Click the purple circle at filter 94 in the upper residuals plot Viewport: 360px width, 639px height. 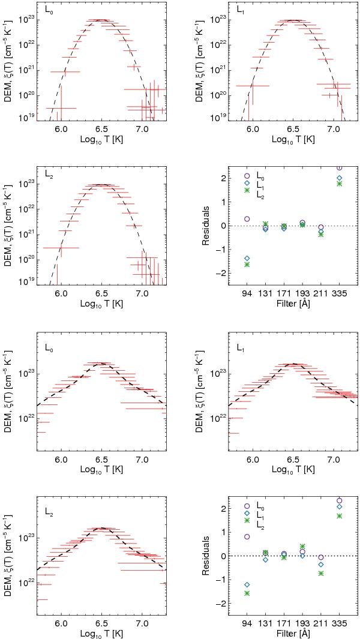coord(247,219)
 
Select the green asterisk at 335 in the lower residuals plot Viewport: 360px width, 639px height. coord(340,515)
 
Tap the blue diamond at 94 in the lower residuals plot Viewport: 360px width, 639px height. coord(247,584)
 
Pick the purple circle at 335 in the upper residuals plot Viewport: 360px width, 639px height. coord(340,168)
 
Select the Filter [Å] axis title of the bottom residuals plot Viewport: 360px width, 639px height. coord(293,634)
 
